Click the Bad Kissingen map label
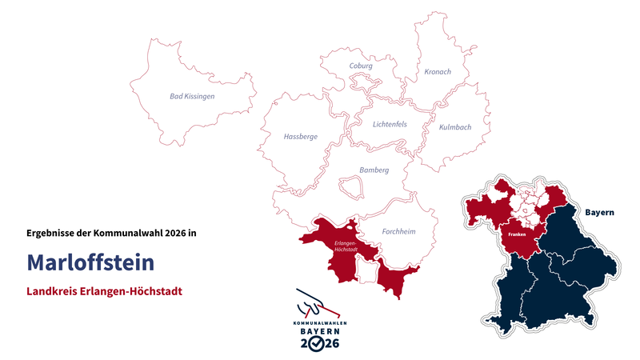pyautogui.click(x=192, y=96)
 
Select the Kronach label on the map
pyautogui.click(x=437, y=72)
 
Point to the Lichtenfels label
pyautogui.click(x=390, y=124)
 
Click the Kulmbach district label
pyautogui.click(x=454, y=127)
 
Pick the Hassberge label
pyautogui.click(x=300, y=137)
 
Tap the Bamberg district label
pyautogui.click(x=374, y=170)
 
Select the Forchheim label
pyautogui.click(x=398, y=231)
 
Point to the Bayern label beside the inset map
pyautogui.click(x=599, y=213)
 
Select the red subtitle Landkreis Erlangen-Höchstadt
pyautogui.click(x=104, y=291)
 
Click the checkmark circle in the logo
pyautogui.click(x=319, y=343)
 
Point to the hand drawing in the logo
pyautogui.click(x=314, y=304)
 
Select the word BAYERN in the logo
pyautogui.click(x=319, y=330)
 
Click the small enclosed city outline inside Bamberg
pyautogui.click(x=351, y=186)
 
